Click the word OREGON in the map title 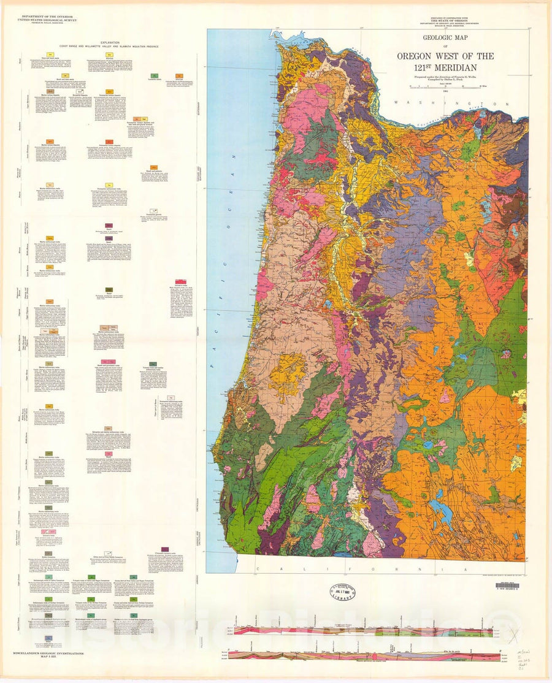[x=418, y=56]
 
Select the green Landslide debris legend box [x=151, y=74]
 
